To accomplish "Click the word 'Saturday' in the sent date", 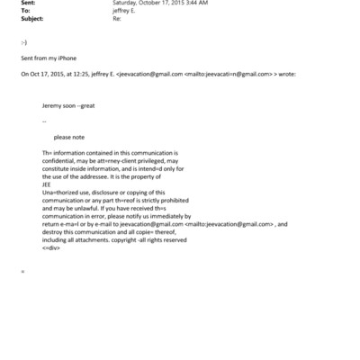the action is point(126,4).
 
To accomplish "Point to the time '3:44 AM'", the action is point(197,4).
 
